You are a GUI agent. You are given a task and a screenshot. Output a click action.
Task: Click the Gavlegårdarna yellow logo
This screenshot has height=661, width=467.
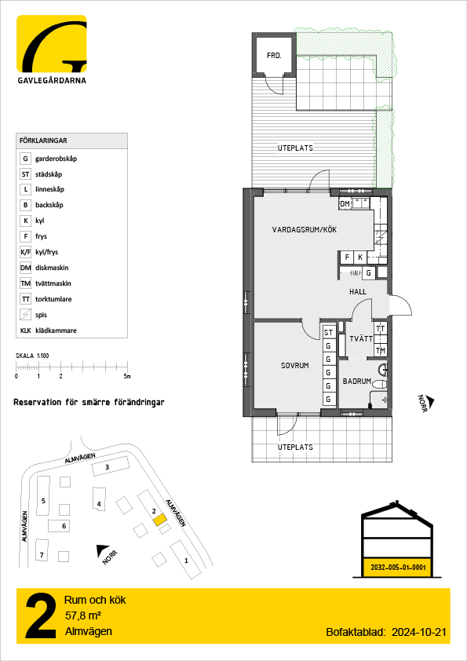coord(52,43)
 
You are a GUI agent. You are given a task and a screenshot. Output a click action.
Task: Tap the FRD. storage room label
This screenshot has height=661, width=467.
coord(274,55)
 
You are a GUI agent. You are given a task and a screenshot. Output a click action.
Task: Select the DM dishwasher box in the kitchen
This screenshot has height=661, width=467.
coord(345,204)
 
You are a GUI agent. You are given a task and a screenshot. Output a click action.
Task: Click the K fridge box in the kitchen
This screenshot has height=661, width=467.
coord(360,257)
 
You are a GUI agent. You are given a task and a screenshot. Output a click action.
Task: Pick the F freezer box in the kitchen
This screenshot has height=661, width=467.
coord(347,257)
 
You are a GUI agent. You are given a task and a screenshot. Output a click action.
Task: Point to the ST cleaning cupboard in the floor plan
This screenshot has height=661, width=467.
coord(329,333)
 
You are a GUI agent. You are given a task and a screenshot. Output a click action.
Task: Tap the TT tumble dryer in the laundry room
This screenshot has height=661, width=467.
coord(380,329)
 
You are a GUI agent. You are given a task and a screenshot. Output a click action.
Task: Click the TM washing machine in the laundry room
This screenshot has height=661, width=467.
coord(380,350)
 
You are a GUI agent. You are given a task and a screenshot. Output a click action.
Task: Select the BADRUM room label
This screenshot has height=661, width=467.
coord(356,381)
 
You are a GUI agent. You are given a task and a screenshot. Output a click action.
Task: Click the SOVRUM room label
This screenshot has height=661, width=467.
coord(294,366)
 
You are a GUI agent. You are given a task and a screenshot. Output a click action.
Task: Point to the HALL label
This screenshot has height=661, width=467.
coord(358,292)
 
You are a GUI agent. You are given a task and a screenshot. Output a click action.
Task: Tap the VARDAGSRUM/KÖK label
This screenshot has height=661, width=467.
coord(305,230)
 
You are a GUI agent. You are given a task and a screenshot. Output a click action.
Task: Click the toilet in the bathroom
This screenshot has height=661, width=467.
coord(379,385)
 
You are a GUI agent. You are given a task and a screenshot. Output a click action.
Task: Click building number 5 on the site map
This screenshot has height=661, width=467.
coord(43,500)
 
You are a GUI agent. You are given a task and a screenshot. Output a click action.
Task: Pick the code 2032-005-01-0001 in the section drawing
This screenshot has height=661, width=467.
coord(398,568)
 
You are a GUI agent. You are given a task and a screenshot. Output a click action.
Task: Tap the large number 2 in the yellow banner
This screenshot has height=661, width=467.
coord(41,616)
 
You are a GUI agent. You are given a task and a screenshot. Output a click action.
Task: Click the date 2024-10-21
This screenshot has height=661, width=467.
coord(418,632)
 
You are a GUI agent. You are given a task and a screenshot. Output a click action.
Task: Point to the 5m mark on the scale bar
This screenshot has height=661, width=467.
coord(127,377)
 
